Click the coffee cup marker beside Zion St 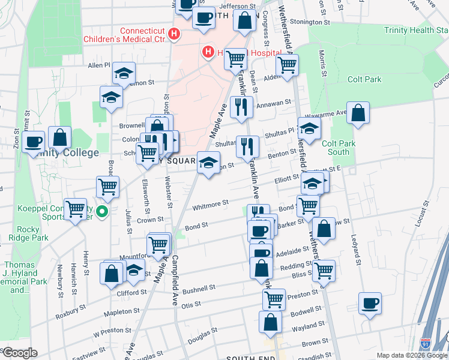(34, 142)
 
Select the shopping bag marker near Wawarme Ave (358, 113)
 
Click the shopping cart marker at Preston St (274, 298)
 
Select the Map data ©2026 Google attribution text (411, 355)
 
